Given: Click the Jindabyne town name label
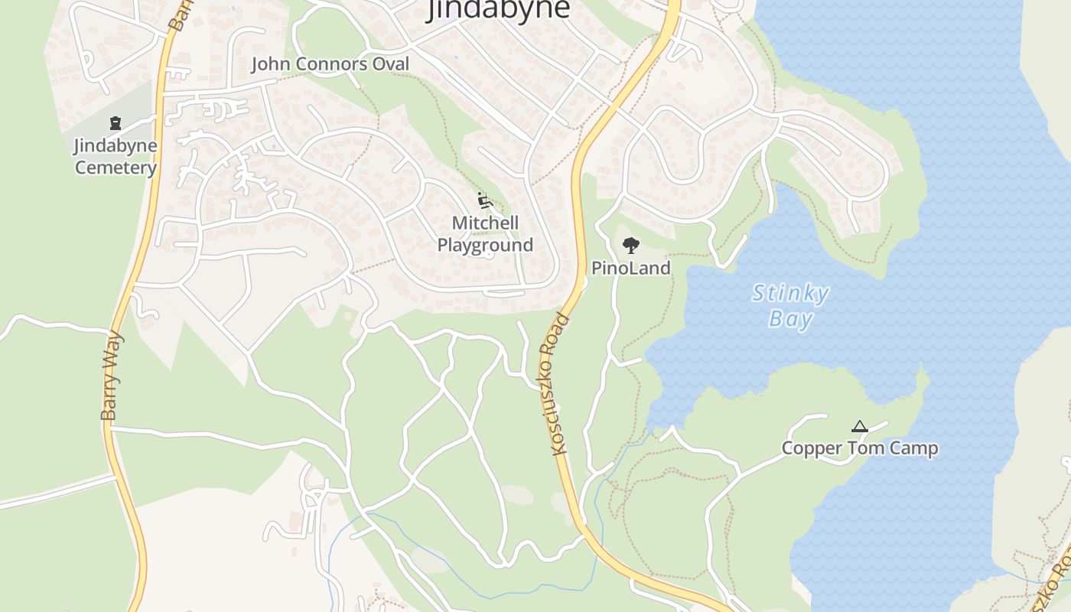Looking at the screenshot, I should click(x=499, y=9).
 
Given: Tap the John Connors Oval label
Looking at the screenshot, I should click(x=330, y=64).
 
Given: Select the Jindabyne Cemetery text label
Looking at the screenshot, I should click(x=116, y=156).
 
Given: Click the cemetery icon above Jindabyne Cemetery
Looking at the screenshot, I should click(x=116, y=122).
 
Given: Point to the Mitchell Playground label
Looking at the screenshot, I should click(x=485, y=234).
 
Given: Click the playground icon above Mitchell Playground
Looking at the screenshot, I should click(x=483, y=200).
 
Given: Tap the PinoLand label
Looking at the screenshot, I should click(x=631, y=268).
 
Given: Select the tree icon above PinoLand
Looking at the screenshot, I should click(x=630, y=246).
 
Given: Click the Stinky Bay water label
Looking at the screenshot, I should click(x=790, y=305).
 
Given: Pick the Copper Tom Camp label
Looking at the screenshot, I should click(x=860, y=448).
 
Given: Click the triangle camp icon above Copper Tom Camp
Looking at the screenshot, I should click(x=860, y=426).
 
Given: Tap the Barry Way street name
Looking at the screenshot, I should click(x=112, y=376).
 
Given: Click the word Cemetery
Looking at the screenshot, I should click(x=116, y=168).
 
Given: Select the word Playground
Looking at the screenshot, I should click(x=485, y=246).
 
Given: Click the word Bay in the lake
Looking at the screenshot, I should click(x=790, y=318).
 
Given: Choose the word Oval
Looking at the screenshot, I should click(x=391, y=64).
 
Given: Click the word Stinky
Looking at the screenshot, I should click(x=790, y=293).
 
